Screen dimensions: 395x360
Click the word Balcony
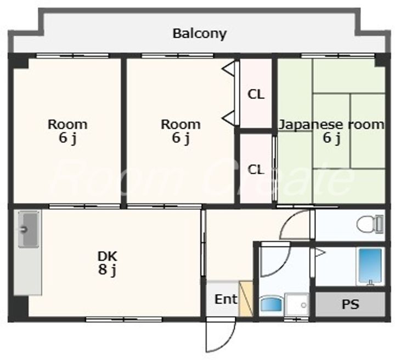199,34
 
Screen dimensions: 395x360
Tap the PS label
350,304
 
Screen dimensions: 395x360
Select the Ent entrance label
225,299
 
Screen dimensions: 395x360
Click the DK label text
108,256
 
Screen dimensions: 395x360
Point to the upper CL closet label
256,94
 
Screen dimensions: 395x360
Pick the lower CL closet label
256,169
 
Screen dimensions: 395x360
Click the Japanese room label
331,124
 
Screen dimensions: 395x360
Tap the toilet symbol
370,224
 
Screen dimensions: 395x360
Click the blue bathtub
370,267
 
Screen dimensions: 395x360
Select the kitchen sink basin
29,229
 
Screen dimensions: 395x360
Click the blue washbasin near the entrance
272,304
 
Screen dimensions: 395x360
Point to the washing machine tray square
297,305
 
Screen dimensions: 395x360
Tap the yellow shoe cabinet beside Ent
246,298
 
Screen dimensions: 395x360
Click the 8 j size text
108,270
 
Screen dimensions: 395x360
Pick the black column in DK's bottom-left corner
19,308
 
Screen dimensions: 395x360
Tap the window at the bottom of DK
123,319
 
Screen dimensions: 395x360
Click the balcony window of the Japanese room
338,55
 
